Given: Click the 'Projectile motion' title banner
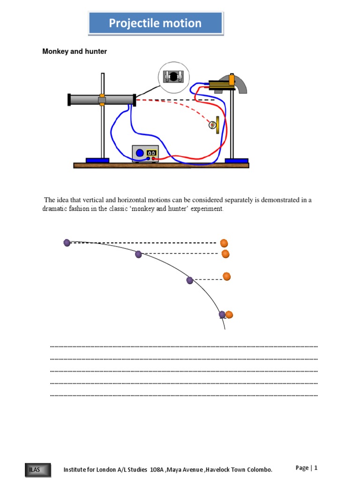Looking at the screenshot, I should click(155, 23).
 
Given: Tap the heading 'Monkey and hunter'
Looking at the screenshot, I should click(75, 52).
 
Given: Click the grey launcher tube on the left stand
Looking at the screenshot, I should click(84, 99).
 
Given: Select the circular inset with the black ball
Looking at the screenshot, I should click(173, 77).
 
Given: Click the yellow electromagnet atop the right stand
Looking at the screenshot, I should click(221, 84).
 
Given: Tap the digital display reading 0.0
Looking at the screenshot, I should click(151, 153).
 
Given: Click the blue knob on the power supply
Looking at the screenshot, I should click(139, 152).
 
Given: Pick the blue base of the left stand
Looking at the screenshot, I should click(97, 160).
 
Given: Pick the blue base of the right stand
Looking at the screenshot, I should click(236, 160).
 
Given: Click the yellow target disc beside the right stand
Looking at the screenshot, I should click(217, 125).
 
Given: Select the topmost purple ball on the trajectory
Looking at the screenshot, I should click(67, 242).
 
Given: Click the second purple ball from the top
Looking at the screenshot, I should click(138, 254).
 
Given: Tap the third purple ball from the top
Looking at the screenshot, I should click(190, 280).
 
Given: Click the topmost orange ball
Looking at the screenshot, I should click(224, 243).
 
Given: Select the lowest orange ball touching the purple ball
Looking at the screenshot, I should click(229, 315).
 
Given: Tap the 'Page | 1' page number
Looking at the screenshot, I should click(307, 467).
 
